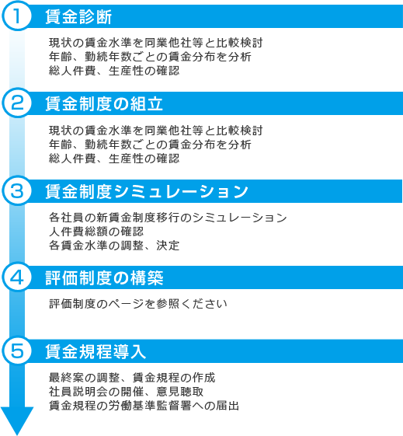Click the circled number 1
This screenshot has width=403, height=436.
click(17, 16)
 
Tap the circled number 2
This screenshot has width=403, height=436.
click(17, 103)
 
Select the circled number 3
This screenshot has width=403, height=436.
click(17, 190)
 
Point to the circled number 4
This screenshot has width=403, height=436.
click(17, 277)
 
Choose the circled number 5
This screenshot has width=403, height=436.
click(17, 351)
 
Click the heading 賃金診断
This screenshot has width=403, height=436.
click(78, 16)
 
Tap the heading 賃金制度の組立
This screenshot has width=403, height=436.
click(104, 104)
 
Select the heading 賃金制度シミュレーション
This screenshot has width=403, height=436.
click(147, 192)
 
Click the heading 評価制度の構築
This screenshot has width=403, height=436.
click(104, 277)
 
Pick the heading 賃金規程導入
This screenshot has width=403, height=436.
click(96, 351)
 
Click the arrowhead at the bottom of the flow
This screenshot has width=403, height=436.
click(17, 420)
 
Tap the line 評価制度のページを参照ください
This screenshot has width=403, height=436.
click(138, 304)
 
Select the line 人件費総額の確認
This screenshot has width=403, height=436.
click(96, 232)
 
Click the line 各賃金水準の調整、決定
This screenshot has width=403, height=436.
click(114, 246)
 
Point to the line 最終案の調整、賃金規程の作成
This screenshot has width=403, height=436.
click(132, 378)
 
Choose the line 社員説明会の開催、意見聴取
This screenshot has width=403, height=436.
click(126, 392)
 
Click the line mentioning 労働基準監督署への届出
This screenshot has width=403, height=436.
click(144, 406)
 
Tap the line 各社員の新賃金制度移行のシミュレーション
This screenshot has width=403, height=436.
click(168, 218)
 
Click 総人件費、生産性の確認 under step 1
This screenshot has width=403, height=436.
click(114, 71)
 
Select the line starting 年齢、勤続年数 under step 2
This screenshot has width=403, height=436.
click(150, 145)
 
